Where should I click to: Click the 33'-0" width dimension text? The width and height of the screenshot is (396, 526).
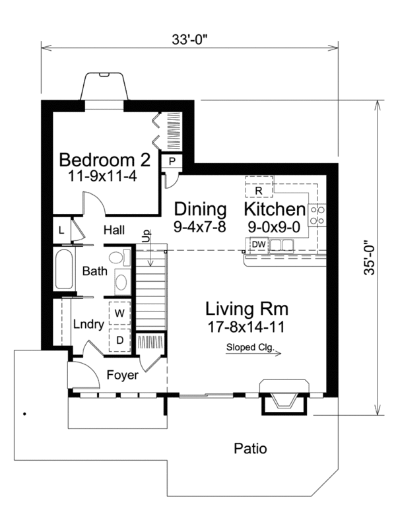tap(189, 40)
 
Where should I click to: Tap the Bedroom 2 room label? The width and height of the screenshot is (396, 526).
tap(105, 160)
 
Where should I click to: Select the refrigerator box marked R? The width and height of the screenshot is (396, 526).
tap(259, 187)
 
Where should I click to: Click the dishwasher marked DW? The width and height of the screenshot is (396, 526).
tap(259, 244)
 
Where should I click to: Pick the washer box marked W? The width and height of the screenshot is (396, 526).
tap(120, 313)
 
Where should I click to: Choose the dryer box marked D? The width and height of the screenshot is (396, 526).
tap(120, 340)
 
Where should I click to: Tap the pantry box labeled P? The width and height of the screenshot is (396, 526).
tap(172, 162)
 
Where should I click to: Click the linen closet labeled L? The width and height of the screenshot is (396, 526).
tap(61, 230)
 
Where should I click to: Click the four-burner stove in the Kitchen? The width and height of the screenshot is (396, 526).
tap(317, 215)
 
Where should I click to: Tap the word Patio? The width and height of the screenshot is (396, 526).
tap(250, 449)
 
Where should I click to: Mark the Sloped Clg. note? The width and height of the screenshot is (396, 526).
tap(249, 347)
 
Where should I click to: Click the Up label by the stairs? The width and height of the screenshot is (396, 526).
tap(147, 236)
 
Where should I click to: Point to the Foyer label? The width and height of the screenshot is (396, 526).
tap(122, 375)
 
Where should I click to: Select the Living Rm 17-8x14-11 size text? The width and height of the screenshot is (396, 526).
tap(246, 327)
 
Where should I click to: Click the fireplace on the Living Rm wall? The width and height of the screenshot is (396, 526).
tap(284, 397)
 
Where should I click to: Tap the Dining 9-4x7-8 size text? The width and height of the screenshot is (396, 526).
tap(200, 227)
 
